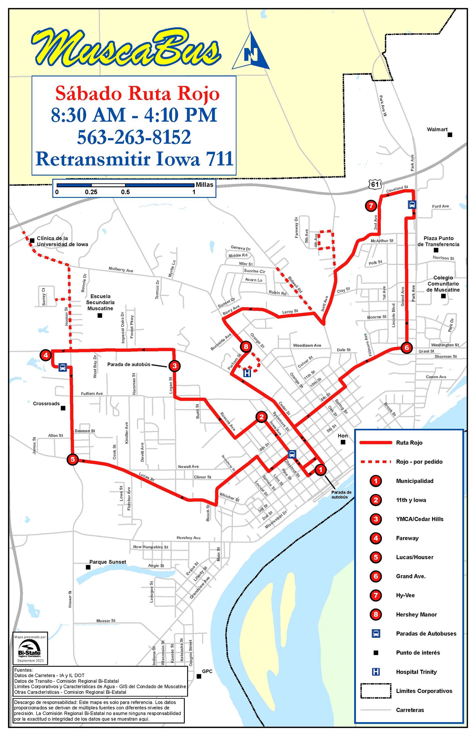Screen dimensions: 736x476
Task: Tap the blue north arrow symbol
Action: (x=251, y=52)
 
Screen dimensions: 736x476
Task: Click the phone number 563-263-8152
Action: (x=134, y=137)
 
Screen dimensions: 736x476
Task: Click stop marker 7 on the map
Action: (x=371, y=206)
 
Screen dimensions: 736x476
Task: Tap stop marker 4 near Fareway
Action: (x=46, y=355)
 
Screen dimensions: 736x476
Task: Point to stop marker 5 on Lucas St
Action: (x=73, y=459)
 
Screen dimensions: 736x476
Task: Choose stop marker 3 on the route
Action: (x=174, y=366)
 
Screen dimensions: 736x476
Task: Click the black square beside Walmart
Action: (x=450, y=135)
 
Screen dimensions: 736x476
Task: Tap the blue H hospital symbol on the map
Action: (x=247, y=373)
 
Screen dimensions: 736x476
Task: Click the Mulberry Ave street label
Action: (x=121, y=269)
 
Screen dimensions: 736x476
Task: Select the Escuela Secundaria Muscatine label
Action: (x=100, y=302)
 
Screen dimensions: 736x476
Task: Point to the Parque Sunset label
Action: (x=108, y=562)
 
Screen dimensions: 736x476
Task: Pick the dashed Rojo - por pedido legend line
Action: (x=375, y=462)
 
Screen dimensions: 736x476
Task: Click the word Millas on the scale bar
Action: (x=204, y=185)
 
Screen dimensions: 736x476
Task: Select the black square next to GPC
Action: (x=199, y=676)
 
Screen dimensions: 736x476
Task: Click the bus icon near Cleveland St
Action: (x=412, y=205)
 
